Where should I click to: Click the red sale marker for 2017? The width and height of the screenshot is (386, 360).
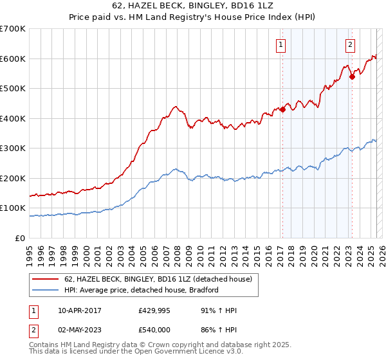point(282,109)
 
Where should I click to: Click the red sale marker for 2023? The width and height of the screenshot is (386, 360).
point(352,76)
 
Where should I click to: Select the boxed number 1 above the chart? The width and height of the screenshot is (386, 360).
point(282,45)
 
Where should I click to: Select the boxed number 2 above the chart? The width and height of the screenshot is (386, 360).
point(350,45)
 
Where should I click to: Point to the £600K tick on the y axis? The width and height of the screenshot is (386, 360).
point(13,59)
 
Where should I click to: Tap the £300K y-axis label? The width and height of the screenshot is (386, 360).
point(13,148)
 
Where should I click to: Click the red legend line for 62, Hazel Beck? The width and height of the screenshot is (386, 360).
point(46,279)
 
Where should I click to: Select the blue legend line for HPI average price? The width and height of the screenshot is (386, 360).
point(46,290)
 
